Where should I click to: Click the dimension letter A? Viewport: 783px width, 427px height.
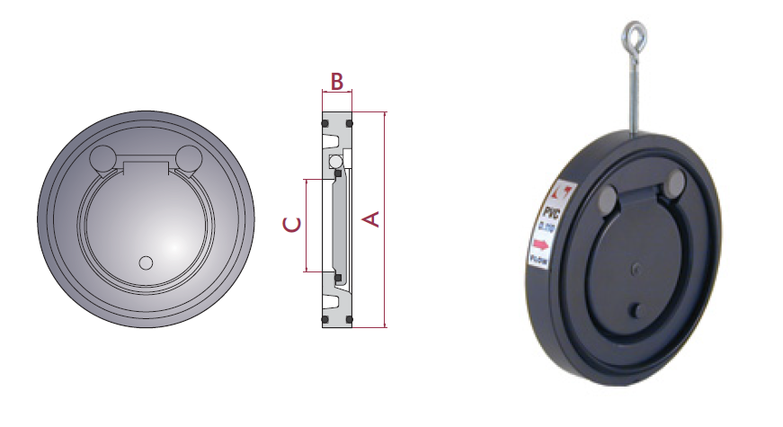pyautogui.click(x=370, y=219)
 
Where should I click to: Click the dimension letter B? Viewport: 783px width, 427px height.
pyautogui.click(x=336, y=82)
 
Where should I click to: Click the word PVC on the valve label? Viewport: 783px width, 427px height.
pyautogui.click(x=550, y=213)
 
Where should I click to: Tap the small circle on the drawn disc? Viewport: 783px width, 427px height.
pyautogui.click(x=147, y=262)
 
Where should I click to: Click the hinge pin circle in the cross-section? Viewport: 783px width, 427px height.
pyautogui.click(x=335, y=161)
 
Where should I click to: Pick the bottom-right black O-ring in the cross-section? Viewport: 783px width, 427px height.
pyautogui.click(x=350, y=321)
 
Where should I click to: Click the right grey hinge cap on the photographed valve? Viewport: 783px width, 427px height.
pyautogui.click(x=673, y=187)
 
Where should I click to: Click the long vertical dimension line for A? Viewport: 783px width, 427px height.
pyautogui.click(x=385, y=219)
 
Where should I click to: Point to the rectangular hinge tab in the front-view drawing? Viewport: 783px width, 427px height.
pyautogui.click(x=147, y=167)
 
